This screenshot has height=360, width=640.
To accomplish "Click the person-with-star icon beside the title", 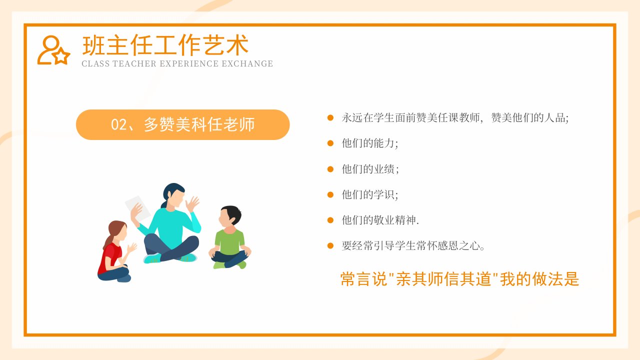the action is (53, 50).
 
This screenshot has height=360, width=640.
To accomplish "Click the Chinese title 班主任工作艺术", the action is (165, 45).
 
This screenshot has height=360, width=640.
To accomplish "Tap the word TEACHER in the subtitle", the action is (134, 63).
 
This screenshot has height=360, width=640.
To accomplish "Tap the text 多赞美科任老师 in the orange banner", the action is (199, 124).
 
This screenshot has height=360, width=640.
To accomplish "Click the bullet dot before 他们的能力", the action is (330, 143).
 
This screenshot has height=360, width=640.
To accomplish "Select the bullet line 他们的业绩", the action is (370, 169).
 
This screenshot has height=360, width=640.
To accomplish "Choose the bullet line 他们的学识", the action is (370, 194).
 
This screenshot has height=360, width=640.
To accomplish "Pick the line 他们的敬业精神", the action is (380, 220).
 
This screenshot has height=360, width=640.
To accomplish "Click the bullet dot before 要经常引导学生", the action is (330, 245).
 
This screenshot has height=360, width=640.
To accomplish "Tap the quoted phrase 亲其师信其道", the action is (443, 279).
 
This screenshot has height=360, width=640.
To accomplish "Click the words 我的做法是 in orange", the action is (539, 279).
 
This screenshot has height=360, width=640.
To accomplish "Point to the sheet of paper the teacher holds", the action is (137, 208).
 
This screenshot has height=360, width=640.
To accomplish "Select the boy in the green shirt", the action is (230, 237).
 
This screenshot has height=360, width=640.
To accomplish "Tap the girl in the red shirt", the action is (115, 251).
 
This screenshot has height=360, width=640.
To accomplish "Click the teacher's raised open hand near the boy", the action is (192, 203).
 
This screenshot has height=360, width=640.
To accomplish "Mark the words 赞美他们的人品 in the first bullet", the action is (529, 117).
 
